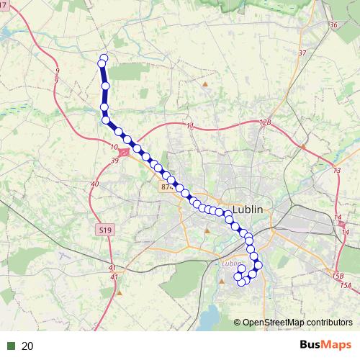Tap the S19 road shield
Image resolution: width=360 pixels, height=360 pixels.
coord(106,230)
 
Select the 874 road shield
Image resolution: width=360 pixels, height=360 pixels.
coord(167,186)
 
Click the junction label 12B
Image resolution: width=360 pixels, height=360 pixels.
coord(265,123)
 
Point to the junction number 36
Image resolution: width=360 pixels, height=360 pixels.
coord(333,25)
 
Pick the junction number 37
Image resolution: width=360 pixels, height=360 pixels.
coord(302,53)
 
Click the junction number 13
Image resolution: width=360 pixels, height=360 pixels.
coord(336,170)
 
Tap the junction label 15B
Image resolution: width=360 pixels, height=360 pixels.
coord(338,276)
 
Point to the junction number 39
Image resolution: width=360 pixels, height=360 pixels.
coord(115,160)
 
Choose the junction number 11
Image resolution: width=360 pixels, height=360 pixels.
coord(190,127)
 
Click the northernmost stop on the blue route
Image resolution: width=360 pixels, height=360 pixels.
coord(104,58)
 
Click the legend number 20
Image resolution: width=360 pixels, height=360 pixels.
coord(28,346)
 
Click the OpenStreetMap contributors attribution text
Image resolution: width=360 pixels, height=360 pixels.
coord(297,323)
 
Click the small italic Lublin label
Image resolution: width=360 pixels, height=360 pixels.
coord(232,264)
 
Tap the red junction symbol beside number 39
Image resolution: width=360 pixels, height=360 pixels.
coord(125,153)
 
